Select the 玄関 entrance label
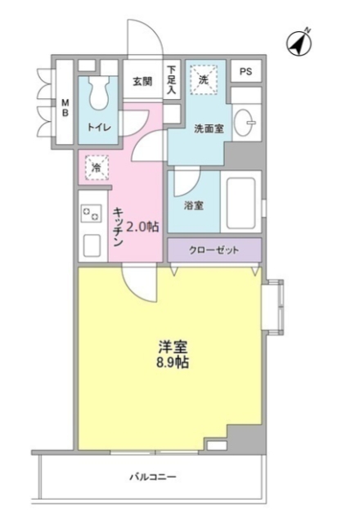142,82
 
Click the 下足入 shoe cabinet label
172,79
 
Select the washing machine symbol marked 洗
201,80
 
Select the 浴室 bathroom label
193,205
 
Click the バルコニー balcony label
152,476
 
